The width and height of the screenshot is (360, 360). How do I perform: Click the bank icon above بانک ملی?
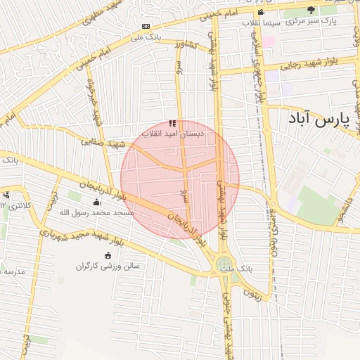[x=146, y=26]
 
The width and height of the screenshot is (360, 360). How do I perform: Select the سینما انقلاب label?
[x=262, y=22]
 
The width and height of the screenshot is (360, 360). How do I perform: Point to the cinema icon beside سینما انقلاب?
[x=262, y=12]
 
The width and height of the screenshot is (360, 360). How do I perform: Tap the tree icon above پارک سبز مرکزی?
[x=311, y=10]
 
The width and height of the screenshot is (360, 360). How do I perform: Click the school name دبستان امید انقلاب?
[x=172, y=133]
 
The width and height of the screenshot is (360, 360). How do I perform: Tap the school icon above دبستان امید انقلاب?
[x=172, y=123]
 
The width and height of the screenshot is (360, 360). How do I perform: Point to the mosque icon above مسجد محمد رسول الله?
[x=96, y=202]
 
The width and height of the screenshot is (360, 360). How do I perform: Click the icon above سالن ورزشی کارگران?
[x=107, y=256]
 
